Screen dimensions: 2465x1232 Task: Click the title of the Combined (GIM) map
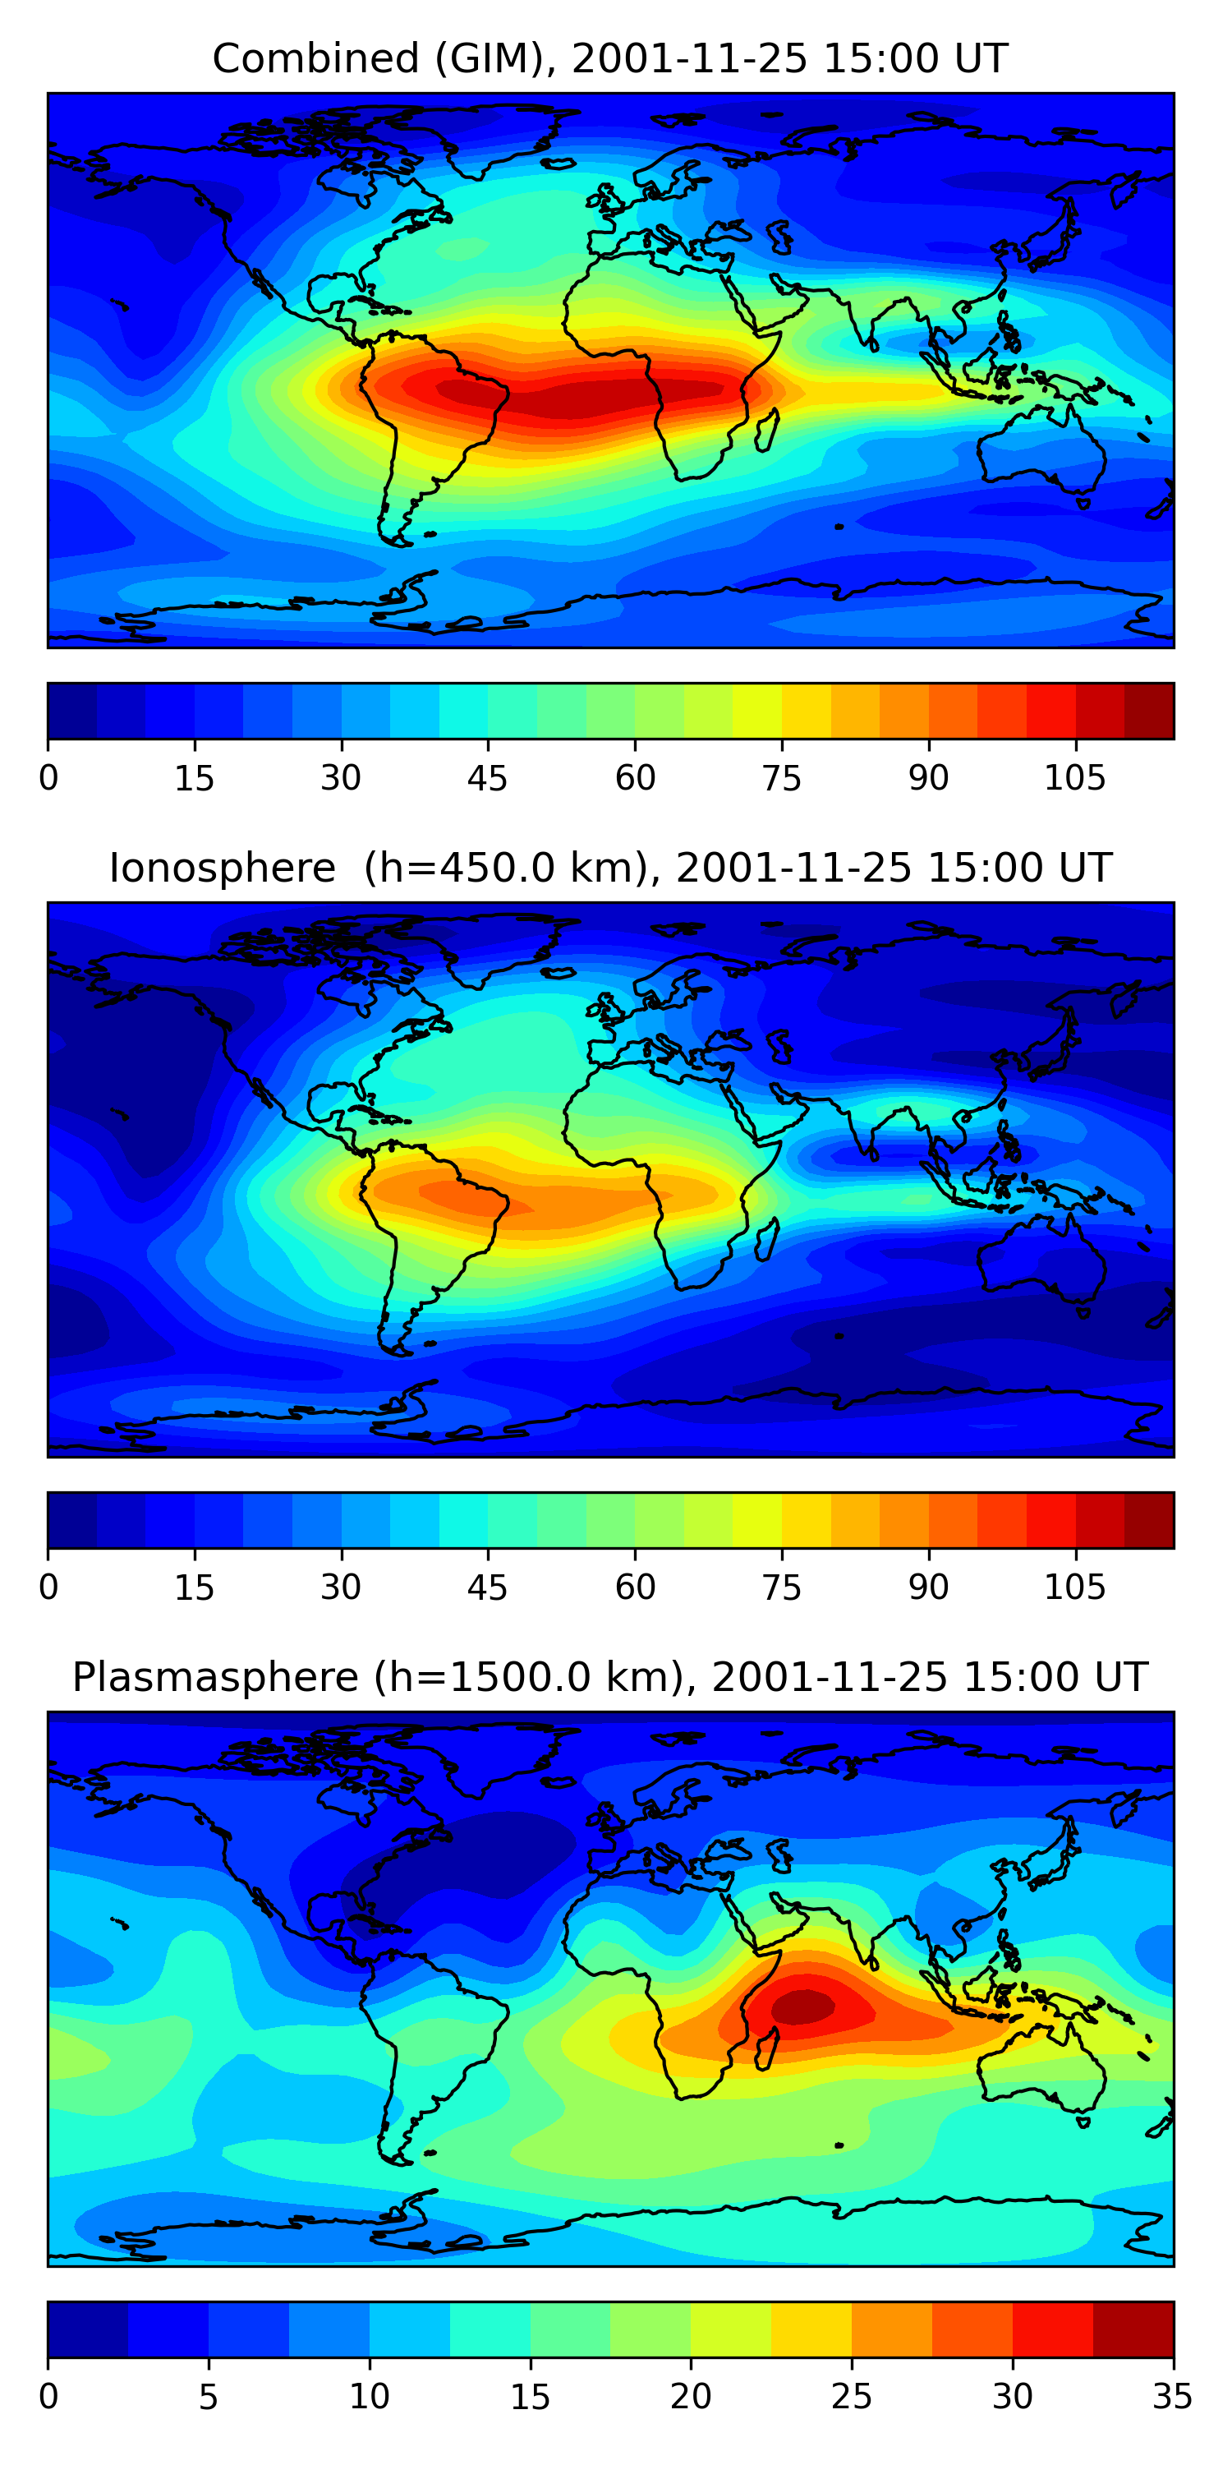point(610,58)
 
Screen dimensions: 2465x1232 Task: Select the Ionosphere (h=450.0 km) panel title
point(610,868)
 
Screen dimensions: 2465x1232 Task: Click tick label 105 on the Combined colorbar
point(1074,778)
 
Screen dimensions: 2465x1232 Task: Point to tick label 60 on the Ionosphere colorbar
point(635,1587)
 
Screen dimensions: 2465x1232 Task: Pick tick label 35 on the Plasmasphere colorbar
point(1172,2397)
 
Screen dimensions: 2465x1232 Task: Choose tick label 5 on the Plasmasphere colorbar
point(209,2397)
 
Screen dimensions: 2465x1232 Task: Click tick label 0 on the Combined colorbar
point(48,778)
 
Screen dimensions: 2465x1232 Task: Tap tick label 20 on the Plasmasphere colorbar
point(691,2397)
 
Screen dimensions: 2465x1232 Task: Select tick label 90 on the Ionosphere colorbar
point(928,1587)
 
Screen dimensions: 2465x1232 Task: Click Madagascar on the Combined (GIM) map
point(766,431)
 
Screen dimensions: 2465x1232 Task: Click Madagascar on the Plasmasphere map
point(766,2048)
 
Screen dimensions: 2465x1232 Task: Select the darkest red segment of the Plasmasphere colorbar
point(1133,2329)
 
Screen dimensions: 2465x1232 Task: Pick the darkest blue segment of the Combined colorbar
point(73,711)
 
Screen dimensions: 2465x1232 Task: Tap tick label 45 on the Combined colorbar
point(487,778)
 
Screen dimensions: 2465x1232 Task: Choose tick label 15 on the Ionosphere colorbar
point(194,1587)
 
